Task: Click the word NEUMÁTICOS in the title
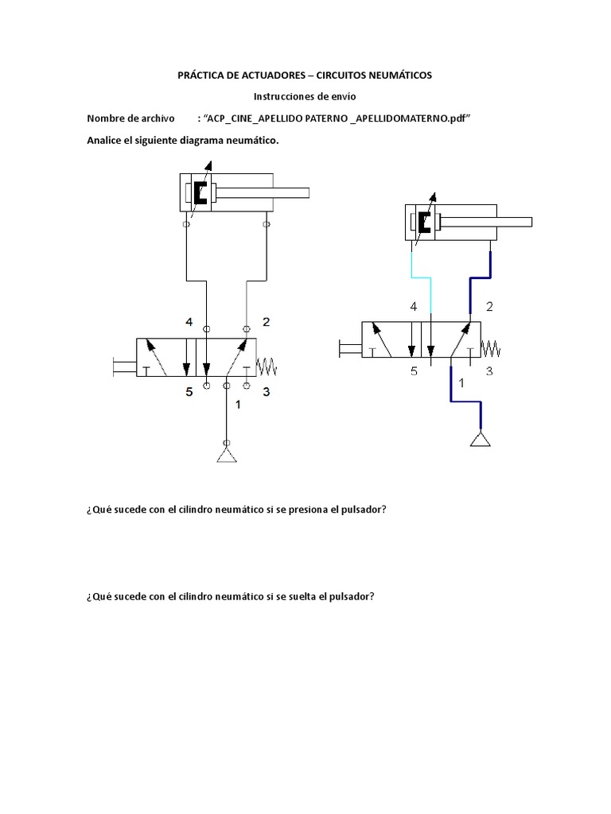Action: (x=391, y=75)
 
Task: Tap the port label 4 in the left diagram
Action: (x=189, y=322)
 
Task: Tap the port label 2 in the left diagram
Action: (x=267, y=322)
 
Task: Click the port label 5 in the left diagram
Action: (x=189, y=391)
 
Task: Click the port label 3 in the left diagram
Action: (x=267, y=391)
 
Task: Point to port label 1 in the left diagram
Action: (x=237, y=404)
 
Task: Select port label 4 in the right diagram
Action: (x=413, y=306)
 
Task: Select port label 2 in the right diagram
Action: (x=489, y=306)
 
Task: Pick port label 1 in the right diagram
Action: (x=460, y=384)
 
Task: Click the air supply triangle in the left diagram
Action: (x=227, y=455)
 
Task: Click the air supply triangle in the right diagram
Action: (x=480, y=439)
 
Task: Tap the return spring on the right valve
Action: (x=492, y=348)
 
